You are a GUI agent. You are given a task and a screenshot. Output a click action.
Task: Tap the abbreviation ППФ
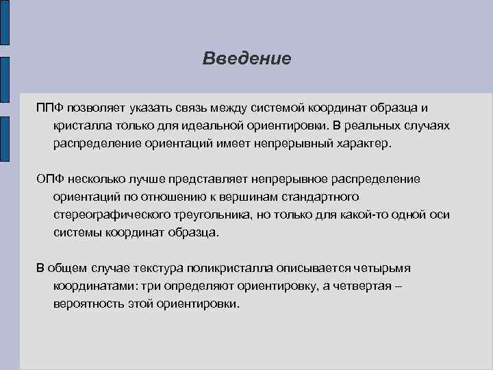(49, 109)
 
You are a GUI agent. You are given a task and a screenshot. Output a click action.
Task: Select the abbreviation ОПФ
(50, 179)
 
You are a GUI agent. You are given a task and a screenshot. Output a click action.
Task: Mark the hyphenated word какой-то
(364, 214)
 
